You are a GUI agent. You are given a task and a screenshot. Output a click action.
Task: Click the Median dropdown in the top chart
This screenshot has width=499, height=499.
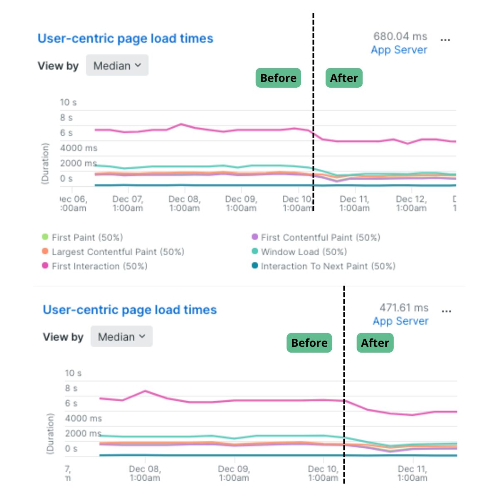click(117, 66)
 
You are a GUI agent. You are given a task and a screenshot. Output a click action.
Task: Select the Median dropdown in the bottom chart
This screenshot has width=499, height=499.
click(121, 337)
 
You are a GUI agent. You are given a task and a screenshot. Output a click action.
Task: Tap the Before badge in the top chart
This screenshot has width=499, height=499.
click(278, 78)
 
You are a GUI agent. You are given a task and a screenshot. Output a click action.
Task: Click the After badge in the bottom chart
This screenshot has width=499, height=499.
click(375, 343)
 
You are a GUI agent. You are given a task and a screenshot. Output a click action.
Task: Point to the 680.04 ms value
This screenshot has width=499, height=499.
click(400, 37)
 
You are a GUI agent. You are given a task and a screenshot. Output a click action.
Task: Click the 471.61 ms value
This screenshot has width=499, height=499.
click(403, 308)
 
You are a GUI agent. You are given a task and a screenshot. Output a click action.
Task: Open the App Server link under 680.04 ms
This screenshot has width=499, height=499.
click(399, 50)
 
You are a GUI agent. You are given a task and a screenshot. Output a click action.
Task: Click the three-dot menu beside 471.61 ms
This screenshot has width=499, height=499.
click(446, 311)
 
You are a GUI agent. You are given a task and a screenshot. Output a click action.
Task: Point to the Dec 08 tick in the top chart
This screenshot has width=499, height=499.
click(184, 204)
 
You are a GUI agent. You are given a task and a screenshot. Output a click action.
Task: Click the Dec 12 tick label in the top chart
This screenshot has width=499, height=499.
click(411, 204)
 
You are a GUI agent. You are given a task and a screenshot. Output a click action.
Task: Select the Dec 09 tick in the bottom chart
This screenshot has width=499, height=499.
click(234, 473)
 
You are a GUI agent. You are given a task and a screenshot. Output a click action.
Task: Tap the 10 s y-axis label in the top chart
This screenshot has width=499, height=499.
click(68, 102)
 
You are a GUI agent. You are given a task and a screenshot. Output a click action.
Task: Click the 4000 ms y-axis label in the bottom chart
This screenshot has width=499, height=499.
click(83, 418)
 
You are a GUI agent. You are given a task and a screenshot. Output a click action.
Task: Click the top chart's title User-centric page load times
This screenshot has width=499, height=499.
click(125, 39)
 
